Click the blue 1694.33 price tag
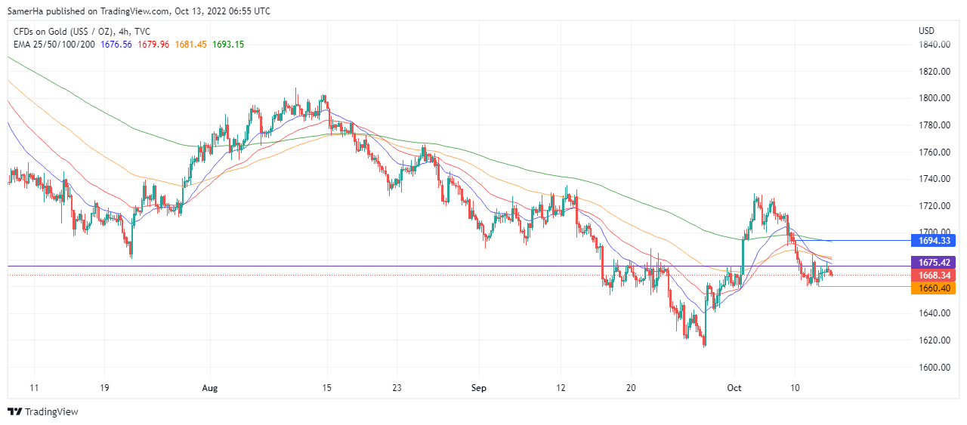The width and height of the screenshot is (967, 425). pyautogui.click(x=934, y=241)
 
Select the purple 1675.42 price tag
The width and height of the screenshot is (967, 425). pyautogui.click(x=934, y=263)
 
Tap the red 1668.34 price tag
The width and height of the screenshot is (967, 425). pyautogui.click(x=934, y=276)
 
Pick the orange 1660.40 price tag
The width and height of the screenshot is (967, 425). pyautogui.click(x=934, y=288)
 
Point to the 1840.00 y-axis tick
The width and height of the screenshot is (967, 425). pyautogui.click(x=934, y=45)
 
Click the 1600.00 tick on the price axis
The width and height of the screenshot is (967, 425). pyautogui.click(x=934, y=368)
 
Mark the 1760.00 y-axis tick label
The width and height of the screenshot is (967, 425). pyautogui.click(x=934, y=152)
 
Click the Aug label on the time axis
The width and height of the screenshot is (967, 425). pyautogui.click(x=210, y=388)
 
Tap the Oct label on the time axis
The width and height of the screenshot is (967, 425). pyautogui.click(x=734, y=388)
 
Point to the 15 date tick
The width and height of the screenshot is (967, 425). pyautogui.click(x=326, y=388)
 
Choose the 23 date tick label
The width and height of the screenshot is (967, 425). pyautogui.click(x=396, y=388)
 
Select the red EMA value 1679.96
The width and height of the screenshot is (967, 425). pyautogui.click(x=153, y=45)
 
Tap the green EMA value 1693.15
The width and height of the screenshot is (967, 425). pyautogui.click(x=227, y=45)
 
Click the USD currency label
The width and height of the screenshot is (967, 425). pyautogui.click(x=926, y=31)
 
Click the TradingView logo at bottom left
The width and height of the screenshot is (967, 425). pyautogui.click(x=43, y=411)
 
